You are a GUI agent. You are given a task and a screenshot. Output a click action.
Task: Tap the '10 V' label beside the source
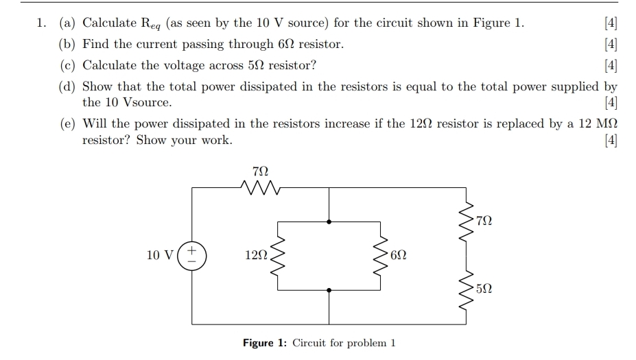[x=160, y=255]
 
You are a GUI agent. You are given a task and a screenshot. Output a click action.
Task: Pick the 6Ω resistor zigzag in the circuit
[x=381, y=256]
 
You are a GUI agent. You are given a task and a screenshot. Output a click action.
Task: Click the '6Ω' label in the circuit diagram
[x=400, y=255]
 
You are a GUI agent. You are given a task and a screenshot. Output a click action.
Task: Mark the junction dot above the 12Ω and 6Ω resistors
[x=329, y=221]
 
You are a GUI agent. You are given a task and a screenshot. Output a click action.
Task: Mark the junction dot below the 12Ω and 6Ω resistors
[x=329, y=290]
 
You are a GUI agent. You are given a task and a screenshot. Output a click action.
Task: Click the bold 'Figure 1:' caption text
[x=266, y=343]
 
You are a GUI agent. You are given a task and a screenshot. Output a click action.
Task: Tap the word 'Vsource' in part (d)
[x=147, y=103]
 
